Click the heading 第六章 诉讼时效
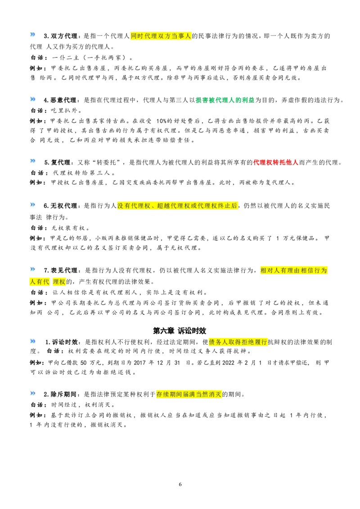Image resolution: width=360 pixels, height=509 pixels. tap(180, 330)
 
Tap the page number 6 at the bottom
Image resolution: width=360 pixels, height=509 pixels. tap(180, 484)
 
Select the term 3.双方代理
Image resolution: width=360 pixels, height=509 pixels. tap(61, 36)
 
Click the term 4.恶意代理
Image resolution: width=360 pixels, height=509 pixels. tap(61, 100)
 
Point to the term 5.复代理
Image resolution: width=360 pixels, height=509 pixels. tap(58, 162)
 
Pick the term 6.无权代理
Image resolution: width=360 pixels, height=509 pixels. tap(61, 205)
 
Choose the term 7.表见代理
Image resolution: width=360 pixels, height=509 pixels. tap(61, 270)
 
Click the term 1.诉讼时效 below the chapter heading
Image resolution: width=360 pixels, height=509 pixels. tap(62, 342)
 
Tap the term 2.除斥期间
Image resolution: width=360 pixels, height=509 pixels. tap(61, 394)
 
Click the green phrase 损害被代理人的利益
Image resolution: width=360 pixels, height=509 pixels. tap(225, 100)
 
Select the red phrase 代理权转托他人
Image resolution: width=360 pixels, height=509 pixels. tap(275, 162)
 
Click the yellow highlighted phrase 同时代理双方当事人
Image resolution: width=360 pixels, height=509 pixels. tap(161, 36)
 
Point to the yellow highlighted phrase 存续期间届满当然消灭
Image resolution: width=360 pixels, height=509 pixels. tap(189, 394)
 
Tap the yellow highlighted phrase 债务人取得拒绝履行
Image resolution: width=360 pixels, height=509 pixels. tap(238, 342)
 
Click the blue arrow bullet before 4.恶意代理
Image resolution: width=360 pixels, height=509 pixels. tap(32, 99)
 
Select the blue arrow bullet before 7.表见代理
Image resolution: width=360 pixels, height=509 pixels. tap(32, 269)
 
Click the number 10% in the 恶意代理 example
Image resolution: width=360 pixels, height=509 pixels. tap(162, 121)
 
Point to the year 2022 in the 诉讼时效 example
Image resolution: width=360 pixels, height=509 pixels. tap(228, 362)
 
